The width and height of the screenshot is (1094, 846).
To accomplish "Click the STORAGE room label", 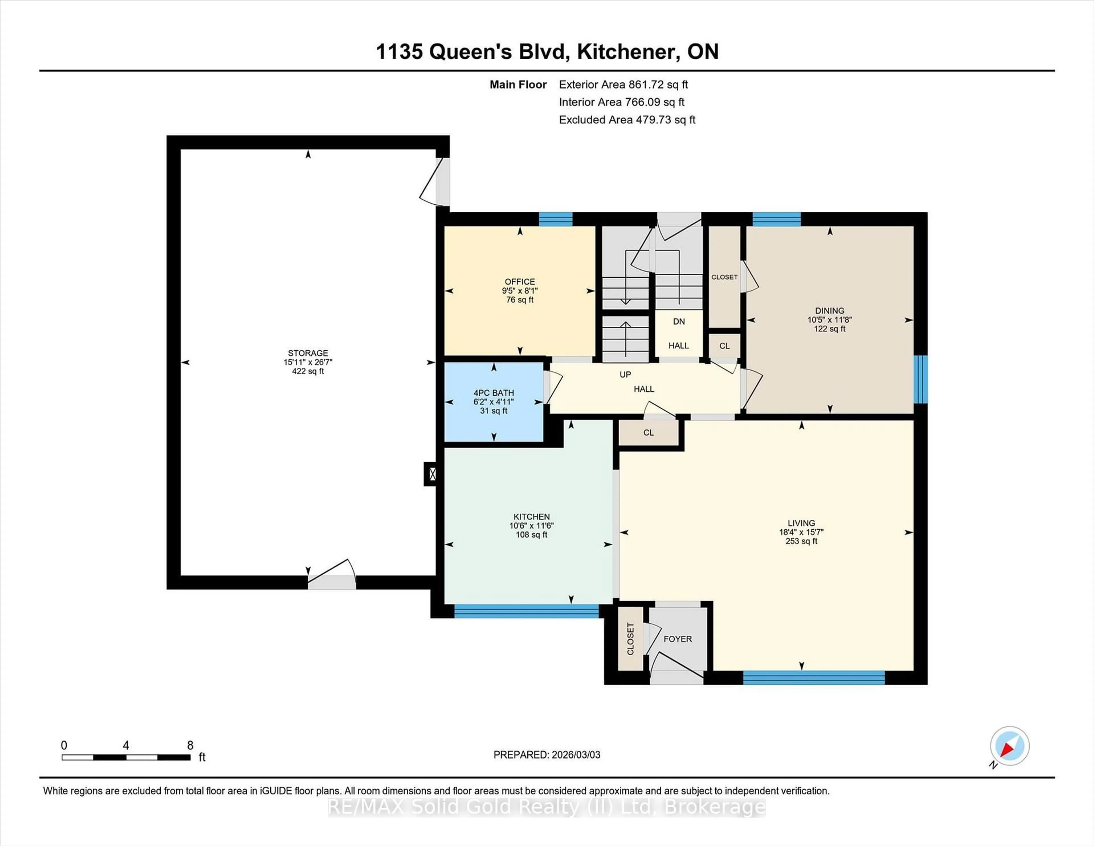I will (308, 353).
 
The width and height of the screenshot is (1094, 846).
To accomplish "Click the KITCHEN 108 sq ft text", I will (531, 535).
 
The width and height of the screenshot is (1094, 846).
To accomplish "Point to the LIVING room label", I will (801, 523).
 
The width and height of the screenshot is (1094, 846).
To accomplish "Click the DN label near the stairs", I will (679, 321).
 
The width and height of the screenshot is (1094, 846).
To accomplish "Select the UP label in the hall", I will (625, 374).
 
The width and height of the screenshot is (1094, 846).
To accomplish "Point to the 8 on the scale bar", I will (190, 745).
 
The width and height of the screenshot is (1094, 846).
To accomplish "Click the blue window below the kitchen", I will (526, 611).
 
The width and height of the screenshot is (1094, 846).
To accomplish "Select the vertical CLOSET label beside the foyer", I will (630, 639).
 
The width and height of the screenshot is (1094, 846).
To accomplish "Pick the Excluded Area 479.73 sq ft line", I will (627, 120).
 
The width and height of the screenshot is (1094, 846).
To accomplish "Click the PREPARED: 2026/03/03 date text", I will (546, 755).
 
